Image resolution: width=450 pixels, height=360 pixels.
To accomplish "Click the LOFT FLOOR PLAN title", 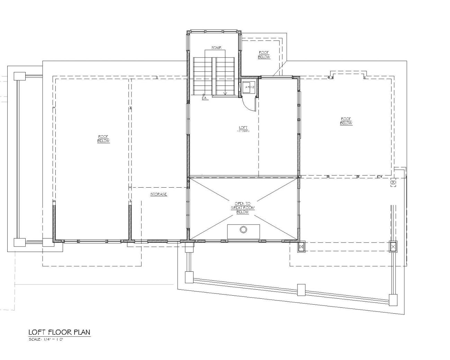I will pyautogui.click(x=59, y=332).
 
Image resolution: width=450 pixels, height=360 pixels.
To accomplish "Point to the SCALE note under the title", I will pyautogui.click(x=46, y=340).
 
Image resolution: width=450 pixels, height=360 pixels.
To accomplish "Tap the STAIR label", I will pyautogui.click(x=216, y=48).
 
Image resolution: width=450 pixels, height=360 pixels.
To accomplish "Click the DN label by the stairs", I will pyautogui.click(x=205, y=98).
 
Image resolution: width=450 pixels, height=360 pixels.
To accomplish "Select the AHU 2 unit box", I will pyautogui.click(x=249, y=87).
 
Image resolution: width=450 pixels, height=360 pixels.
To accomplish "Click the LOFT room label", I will pyautogui.click(x=243, y=128).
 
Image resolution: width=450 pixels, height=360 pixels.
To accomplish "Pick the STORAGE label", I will pyautogui.click(x=159, y=194).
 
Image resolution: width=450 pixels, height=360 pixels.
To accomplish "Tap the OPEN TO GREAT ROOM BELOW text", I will pyautogui.click(x=243, y=208).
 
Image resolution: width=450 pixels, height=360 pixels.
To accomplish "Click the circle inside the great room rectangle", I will pyautogui.click(x=243, y=229).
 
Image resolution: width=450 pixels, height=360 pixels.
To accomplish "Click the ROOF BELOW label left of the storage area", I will pyautogui.click(x=103, y=139).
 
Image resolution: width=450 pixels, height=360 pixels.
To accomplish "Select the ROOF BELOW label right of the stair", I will pyautogui.click(x=264, y=55).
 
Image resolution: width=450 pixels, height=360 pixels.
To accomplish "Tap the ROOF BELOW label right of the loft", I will pyautogui.click(x=346, y=121).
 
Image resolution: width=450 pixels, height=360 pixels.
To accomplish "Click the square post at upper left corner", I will pyautogui.click(x=19, y=76).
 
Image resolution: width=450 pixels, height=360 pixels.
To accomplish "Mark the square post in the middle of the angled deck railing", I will pyautogui.click(x=301, y=290).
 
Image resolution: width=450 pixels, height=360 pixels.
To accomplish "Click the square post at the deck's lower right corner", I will pyautogui.click(x=393, y=300).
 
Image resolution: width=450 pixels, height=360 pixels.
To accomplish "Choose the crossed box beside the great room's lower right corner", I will pyautogui.click(x=301, y=246).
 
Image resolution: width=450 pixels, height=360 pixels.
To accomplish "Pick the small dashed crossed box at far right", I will pyautogui.click(x=393, y=182).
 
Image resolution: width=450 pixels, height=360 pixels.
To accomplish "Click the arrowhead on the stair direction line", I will pyautogui.click(x=225, y=93).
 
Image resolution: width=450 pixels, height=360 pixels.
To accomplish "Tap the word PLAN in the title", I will pyautogui.click(x=81, y=332).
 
